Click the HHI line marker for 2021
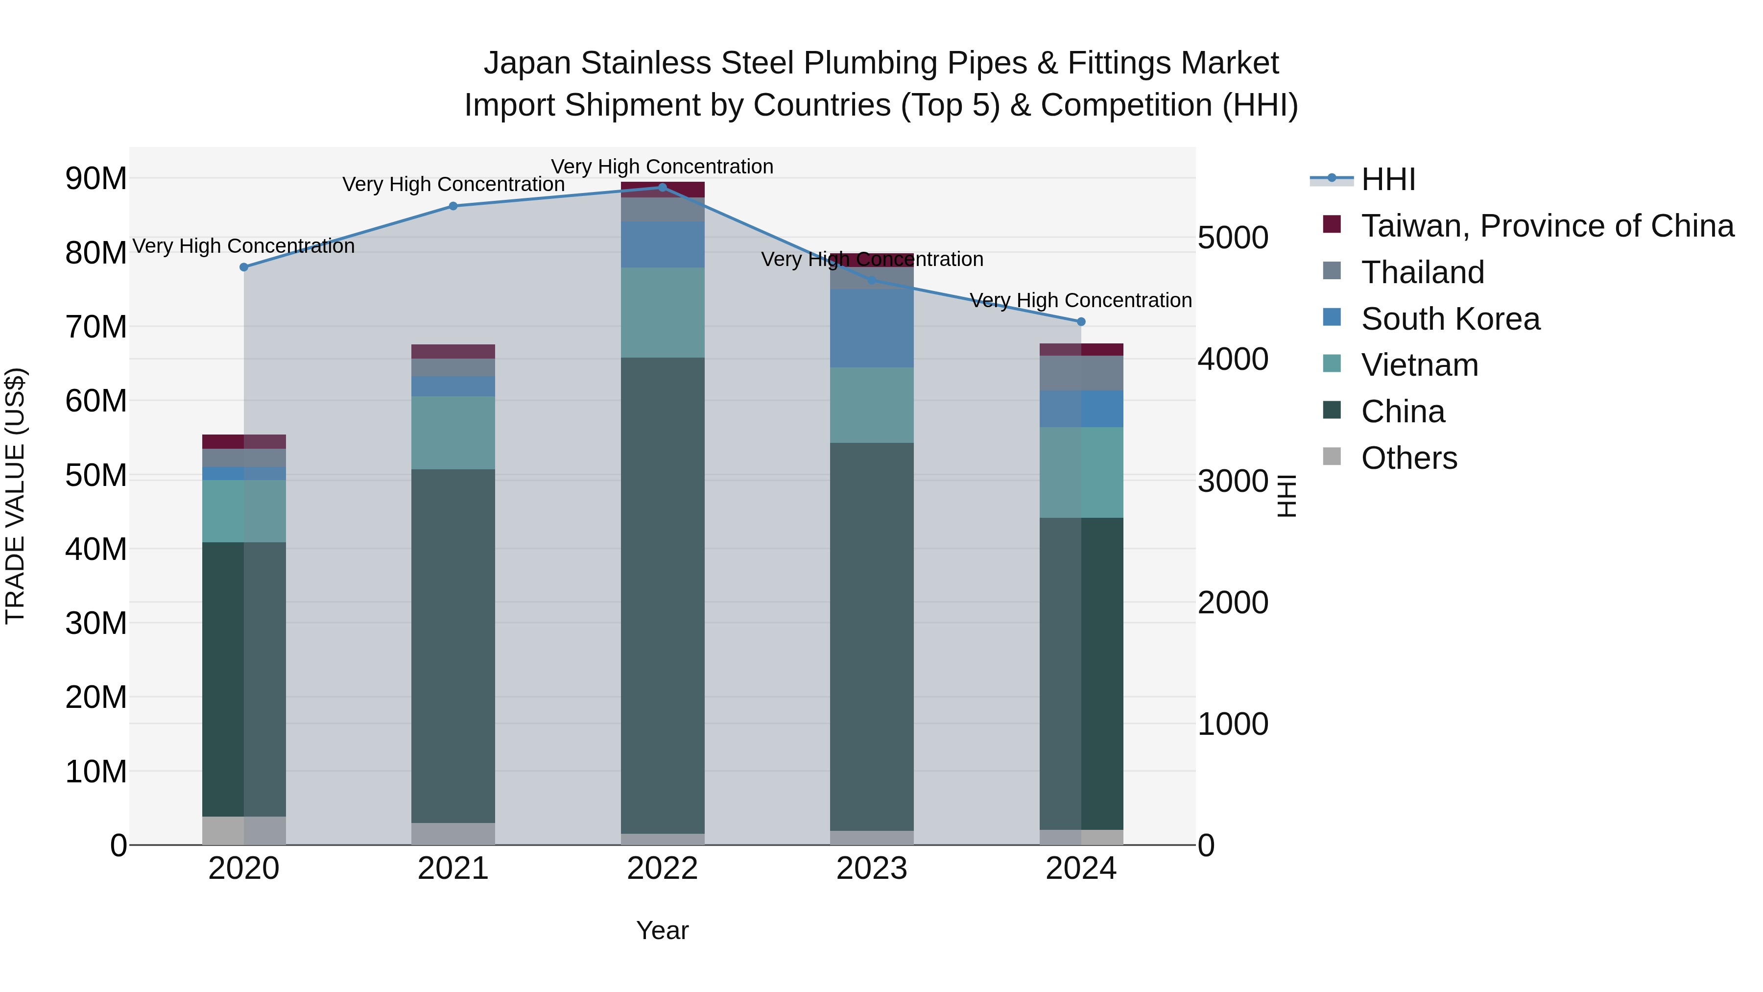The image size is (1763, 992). pyautogui.click(x=453, y=206)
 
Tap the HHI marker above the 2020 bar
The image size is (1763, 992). pyautogui.click(x=244, y=267)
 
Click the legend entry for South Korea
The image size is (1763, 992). pyautogui.click(x=1450, y=319)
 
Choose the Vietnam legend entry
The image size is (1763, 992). pyautogui.click(x=1419, y=365)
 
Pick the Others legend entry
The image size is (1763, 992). pyautogui.click(x=1408, y=458)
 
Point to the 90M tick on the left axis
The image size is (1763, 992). pyautogui.click(x=96, y=179)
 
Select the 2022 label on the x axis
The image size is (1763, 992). pyautogui.click(x=662, y=869)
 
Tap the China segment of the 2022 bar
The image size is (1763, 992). pyautogui.click(x=662, y=596)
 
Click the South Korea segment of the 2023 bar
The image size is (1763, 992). pyautogui.click(x=871, y=329)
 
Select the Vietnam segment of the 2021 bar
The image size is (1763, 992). pyautogui.click(x=453, y=433)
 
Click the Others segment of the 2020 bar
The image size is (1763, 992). pyautogui.click(x=244, y=830)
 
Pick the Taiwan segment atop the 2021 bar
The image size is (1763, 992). pyautogui.click(x=453, y=351)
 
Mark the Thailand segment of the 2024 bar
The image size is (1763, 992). pyautogui.click(x=1081, y=373)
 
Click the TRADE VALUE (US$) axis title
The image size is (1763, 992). pyautogui.click(x=15, y=496)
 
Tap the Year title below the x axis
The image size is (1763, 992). pyautogui.click(x=662, y=930)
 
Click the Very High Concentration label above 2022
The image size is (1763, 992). pyautogui.click(x=662, y=167)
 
